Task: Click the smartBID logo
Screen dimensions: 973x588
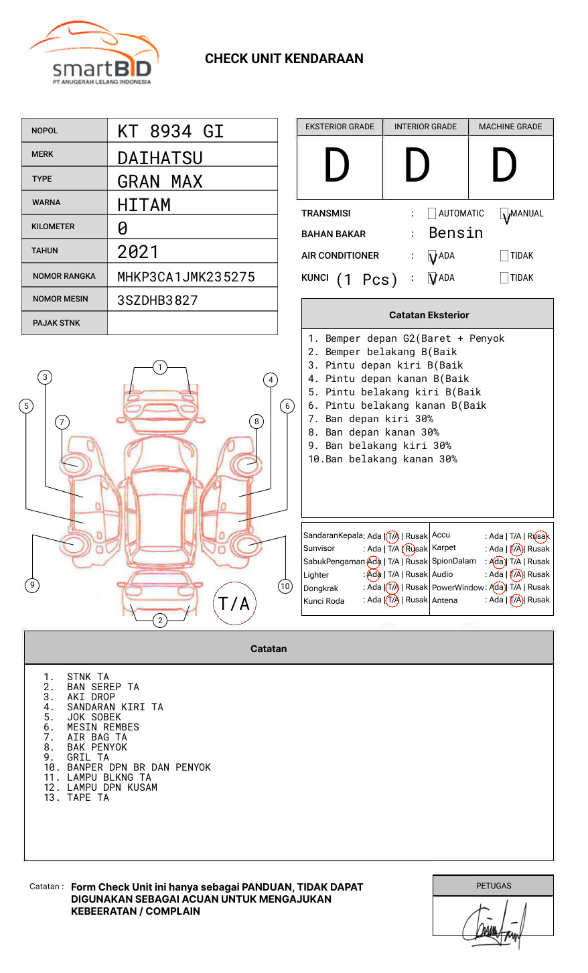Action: pyautogui.click(x=94, y=54)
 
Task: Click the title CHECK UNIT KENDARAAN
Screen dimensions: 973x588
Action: pyautogui.click(x=284, y=59)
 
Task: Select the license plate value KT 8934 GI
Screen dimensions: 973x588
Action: pyautogui.click(x=170, y=131)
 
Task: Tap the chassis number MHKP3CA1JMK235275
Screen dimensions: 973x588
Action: pyautogui.click(x=186, y=277)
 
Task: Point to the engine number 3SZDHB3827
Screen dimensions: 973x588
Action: pyautogui.click(x=157, y=300)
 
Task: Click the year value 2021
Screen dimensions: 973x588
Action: pyautogui.click(x=138, y=252)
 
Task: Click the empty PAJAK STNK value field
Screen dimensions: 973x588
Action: pyautogui.click(x=192, y=323)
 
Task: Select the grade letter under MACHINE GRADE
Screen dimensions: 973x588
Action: pyautogui.click(x=504, y=166)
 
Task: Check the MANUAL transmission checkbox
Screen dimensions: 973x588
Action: pyautogui.click(x=505, y=214)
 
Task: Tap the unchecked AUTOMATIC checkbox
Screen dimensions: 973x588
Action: pyautogui.click(x=432, y=214)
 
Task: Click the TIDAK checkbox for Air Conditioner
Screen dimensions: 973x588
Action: pyautogui.click(x=504, y=256)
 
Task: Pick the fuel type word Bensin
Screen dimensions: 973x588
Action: pyautogui.click(x=455, y=233)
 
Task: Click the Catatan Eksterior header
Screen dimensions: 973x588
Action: pyautogui.click(x=429, y=315)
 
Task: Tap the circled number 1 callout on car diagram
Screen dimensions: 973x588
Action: pyautogui.click(x=159, y=367)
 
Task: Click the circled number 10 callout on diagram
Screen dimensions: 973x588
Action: pyautogui.click(x=285, y=586)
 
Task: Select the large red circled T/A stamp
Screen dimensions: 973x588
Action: pyautogui.click(x=234, y=604)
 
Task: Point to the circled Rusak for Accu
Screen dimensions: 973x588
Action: pyautogui.click(x=540, y=536)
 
